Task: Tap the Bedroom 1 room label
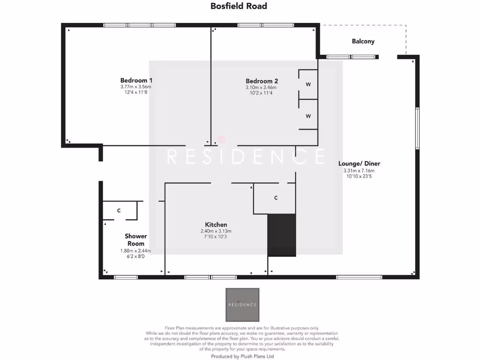[136, 80]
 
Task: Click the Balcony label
[363, 41]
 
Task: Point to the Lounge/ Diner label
[359, 164]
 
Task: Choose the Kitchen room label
[216, 225]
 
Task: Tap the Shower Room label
[135, 240]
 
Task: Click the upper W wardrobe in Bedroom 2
[308, 84]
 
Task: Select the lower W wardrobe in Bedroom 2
[308, 115]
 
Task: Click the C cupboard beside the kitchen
[276, 198]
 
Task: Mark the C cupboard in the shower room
[120, 210]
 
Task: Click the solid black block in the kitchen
[282, 235]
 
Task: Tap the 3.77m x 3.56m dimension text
[136, 87]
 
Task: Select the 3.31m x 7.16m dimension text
[359, 171]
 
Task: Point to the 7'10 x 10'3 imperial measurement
[216, 237]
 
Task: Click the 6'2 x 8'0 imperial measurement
[135, 256]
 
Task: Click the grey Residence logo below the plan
[242, 304]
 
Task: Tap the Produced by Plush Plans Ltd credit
[242, 356]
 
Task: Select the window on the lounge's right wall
[416, 128]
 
